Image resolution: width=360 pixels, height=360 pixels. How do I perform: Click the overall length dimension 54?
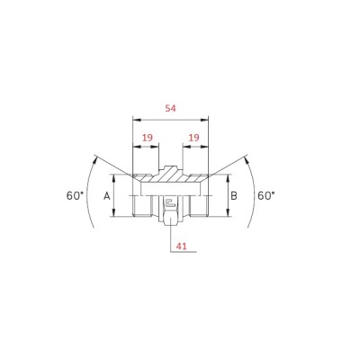(170, 108)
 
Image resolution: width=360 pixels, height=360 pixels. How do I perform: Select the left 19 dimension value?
(148, 138)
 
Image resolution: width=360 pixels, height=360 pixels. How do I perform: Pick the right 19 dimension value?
(193, 138)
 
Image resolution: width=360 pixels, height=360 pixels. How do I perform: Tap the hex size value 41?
(181, 247)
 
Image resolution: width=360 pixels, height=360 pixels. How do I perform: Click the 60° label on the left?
(75, 196)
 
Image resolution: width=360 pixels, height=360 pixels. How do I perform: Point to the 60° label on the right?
(266, 196)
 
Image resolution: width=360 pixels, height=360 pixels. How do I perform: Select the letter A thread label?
(107, 196)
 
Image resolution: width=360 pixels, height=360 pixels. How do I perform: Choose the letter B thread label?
(234, 196)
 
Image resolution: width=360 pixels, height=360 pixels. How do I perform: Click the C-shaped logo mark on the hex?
(170, 203)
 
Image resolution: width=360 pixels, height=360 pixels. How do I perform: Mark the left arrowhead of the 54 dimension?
(137, 120)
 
